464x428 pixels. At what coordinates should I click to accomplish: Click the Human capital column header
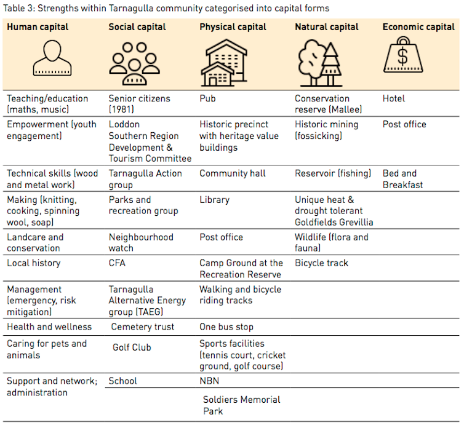38,27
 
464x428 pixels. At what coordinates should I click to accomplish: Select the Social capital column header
137,27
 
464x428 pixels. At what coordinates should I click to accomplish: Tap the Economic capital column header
419,27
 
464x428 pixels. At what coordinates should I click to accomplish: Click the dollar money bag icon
403,57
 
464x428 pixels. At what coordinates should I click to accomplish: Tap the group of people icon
135,61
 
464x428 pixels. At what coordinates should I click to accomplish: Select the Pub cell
207,98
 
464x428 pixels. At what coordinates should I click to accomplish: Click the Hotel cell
394,98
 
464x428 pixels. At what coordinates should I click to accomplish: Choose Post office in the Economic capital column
404,124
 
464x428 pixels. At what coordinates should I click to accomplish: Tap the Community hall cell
232,173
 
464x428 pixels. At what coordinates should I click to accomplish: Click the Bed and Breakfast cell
402,179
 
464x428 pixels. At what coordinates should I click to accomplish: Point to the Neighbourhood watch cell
141,242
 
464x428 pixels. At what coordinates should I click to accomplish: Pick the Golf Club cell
132,347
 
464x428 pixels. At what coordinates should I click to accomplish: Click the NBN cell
209,381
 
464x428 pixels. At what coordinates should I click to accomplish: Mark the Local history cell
34,263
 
